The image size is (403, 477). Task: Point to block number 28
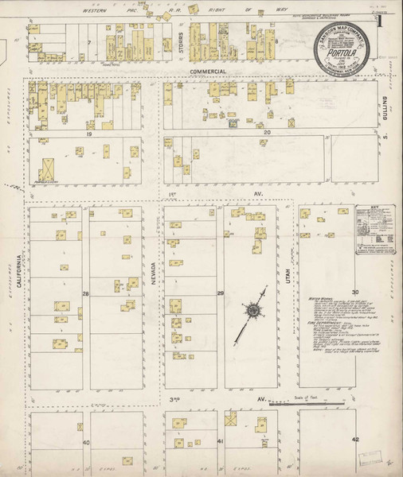click(85, 293)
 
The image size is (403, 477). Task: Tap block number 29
click(220, 293)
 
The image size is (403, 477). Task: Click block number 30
click(355, 293)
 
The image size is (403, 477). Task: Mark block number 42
click(355, 439)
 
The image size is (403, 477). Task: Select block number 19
click(89, 134)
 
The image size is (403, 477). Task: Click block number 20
click(268, 132)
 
